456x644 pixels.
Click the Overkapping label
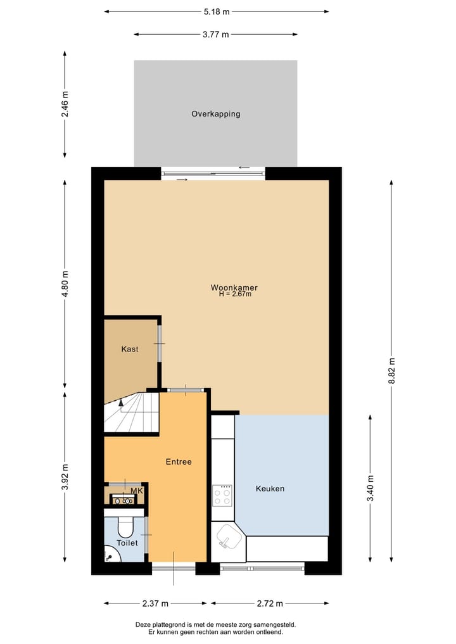click(x=216, y=114)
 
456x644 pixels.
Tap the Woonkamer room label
click(x=234, y=287)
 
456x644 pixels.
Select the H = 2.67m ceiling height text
click(x=235, y=294)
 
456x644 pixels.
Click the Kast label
click(x=130, y=349)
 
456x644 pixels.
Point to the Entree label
click(x=179, y=462)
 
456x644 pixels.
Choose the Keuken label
click(x=270, y=489)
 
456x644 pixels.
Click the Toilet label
click(x=127, y=543)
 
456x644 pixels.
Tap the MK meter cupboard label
click(x=136, y=491)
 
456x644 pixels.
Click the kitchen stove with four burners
click(x=222, y=495)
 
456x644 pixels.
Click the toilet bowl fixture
click(x=125, y=527)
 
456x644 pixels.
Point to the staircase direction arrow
click(x=121, y=402)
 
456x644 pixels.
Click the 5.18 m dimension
click(x=217, y=11)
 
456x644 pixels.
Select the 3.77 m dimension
click(x=216, y=35)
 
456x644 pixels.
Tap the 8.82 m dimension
click(x=391, y=371)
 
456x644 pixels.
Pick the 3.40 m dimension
click(x=370, y=488)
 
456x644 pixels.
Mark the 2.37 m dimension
click(x=156, y=603)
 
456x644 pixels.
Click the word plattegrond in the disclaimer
click(x=175, y=624)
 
